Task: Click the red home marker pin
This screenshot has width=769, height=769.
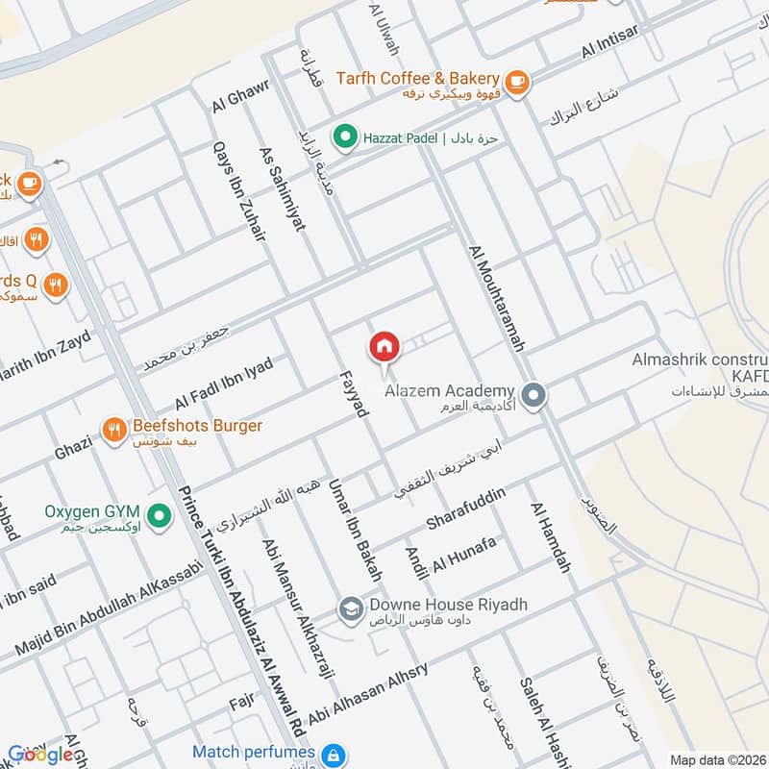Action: (x=384, y=347)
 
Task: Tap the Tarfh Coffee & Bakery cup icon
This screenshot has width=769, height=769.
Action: (x=516, y=81)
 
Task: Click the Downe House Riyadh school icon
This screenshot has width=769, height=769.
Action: (x=348, y=609)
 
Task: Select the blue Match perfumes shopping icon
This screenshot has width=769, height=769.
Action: (x=333, y=755)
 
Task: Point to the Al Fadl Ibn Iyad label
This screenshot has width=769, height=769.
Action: (x=223, y=384)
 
